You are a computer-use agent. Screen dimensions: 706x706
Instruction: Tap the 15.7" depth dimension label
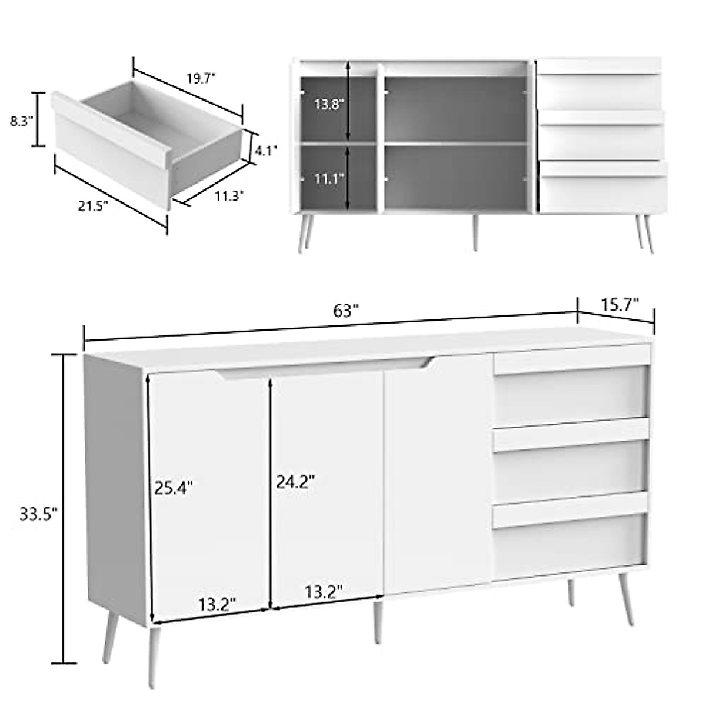tap(620, 304)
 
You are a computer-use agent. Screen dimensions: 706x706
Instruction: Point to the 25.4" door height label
tap(174, 487)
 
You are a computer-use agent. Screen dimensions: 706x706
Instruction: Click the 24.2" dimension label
tap(296, 482)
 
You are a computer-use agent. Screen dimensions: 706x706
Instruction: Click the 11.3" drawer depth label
tap(229, 197)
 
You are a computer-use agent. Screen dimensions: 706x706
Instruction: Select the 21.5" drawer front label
tap(92, 207)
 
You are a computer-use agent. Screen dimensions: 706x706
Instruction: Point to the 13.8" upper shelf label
tap(328, 105)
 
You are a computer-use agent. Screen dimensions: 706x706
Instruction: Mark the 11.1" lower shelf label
tap(328, 177)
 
